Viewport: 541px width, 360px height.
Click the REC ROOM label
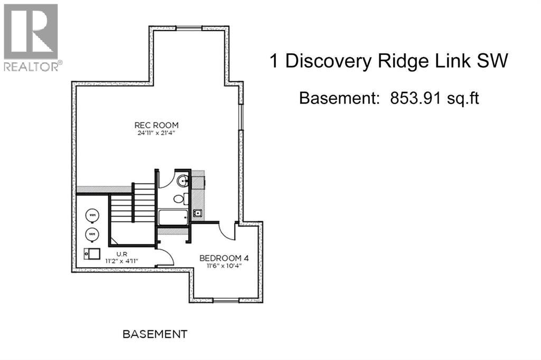156,125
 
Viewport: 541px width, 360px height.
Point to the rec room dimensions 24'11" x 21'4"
156,133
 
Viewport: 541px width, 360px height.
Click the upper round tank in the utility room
92,215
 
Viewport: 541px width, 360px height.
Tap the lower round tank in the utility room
92,233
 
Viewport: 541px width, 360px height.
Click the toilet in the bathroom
180,199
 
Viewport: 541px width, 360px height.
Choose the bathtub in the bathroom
173,217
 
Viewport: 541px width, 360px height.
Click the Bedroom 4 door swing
228,230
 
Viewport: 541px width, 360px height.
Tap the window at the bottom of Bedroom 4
226,300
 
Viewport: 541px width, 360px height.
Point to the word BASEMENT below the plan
155,334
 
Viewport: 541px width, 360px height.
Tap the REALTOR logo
31,37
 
